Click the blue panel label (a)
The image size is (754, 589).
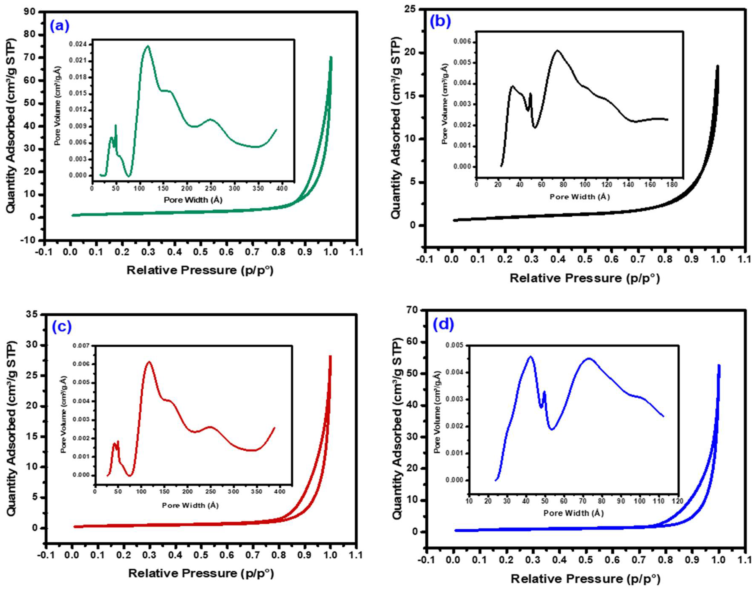tap(60, 26)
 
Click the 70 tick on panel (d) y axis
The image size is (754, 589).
tap(415, 310)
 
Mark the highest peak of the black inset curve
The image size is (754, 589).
tap(557, 50)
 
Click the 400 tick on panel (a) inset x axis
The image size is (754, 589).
tap(282, 188)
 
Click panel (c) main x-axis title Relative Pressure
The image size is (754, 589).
tap(201, 574)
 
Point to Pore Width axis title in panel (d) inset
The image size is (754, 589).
tap(573, 513)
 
